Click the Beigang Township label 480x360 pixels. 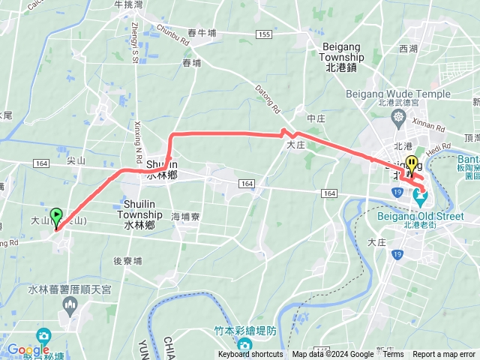click(343, 61)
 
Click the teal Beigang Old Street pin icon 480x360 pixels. click(420, 199)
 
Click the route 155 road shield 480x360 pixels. click(262, 34)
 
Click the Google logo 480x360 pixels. click(28, 349)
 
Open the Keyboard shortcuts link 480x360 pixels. click(250, 355)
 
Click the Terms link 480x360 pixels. click(393, 355)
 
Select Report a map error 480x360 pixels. click(444, 355)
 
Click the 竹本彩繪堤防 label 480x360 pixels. click(244, 331)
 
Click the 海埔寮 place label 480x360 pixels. click(185, 216)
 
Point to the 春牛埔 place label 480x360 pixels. click(202, 33)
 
